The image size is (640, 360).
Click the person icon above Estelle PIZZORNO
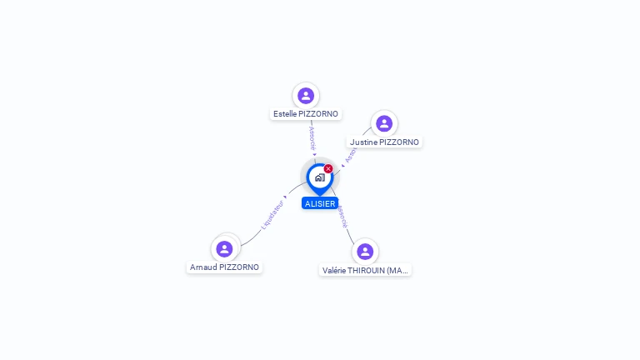click(306, 96)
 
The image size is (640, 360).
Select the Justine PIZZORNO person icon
click(384, 124)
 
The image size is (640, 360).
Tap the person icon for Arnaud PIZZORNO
click(224, 248)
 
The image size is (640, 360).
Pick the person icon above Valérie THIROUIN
click(364, 252)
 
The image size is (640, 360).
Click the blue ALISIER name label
click(320, 203)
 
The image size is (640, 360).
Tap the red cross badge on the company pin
click(328, 169)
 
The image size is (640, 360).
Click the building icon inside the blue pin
click(319, 177)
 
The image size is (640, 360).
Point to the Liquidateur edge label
click(272, 214)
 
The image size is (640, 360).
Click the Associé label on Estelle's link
click(312, 137)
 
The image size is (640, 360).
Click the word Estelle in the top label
click(286, 114)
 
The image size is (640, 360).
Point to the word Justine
click(363, 142)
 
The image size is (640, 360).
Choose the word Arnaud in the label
click(203, 267)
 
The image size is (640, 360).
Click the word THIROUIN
click(369, 271)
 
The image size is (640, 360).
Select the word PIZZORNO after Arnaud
click(239, 267)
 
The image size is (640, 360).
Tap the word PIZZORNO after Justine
click(399, 142)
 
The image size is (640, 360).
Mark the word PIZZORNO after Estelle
click(320, 114)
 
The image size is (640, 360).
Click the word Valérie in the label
click(336, 271)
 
